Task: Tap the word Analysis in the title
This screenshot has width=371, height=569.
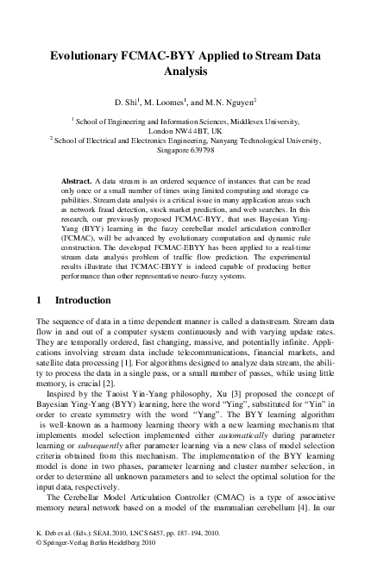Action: [x=187, y=72]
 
